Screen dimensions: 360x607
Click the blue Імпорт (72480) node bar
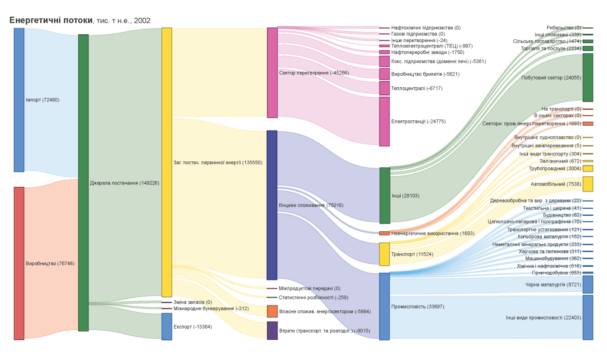pos(19,100)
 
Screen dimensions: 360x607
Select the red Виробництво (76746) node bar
pos(19,263)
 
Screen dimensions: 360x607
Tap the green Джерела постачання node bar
pos(83,183)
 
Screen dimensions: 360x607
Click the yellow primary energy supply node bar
pos(167,162)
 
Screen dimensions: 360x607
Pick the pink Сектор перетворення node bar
pos(272,72)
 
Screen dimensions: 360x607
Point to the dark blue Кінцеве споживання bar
pos(272,205)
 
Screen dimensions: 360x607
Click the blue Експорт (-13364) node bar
pos(167,326)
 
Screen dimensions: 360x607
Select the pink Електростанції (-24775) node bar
pos(384,121)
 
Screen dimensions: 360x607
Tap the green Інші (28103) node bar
pos(384,195)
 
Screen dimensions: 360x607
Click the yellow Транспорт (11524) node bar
pos(384,254)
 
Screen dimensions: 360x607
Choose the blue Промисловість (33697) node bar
pos(384,306)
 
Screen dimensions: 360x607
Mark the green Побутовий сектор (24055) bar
pos(587,78)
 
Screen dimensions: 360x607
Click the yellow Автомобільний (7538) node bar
pos(587,184)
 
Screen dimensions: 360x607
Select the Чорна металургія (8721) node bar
pos(587,284)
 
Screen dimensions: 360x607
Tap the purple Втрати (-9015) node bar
pos(272,330)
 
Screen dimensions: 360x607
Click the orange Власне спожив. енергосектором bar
pos(272,311)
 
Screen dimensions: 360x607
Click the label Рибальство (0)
pos(564,28)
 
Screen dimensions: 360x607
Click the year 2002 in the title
pos(142,21)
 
